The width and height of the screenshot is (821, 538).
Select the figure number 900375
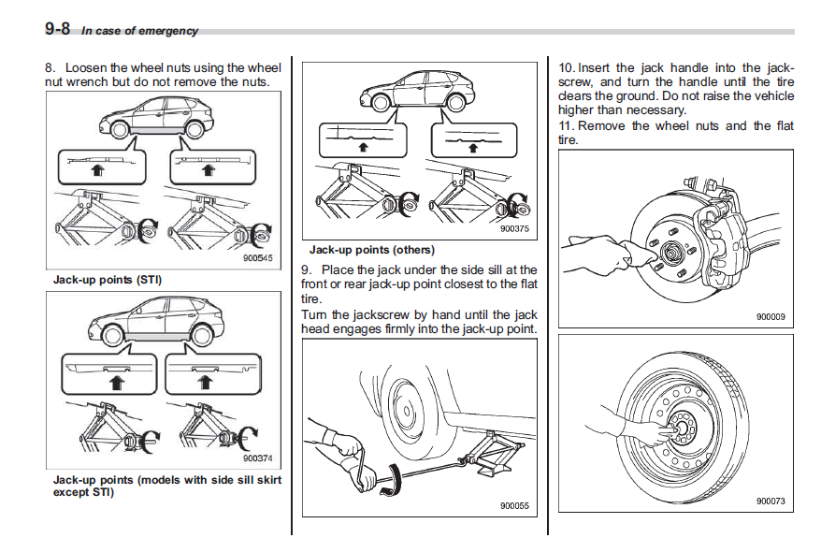coord(514,227)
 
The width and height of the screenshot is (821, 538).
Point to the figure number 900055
coord(514,506)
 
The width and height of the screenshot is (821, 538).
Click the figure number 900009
coord(771,316)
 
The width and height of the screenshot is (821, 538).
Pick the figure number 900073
coord(771,502)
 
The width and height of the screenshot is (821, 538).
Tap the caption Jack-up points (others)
coord(372,250)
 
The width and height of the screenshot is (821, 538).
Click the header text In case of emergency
coord(139,31)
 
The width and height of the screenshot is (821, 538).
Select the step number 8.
coord(50,67)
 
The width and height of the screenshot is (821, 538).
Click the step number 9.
coord(305,269)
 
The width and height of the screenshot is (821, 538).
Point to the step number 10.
coord(566,67)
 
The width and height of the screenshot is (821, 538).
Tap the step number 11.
coord(566,125)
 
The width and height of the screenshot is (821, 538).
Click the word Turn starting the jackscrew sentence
coord(314,314)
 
